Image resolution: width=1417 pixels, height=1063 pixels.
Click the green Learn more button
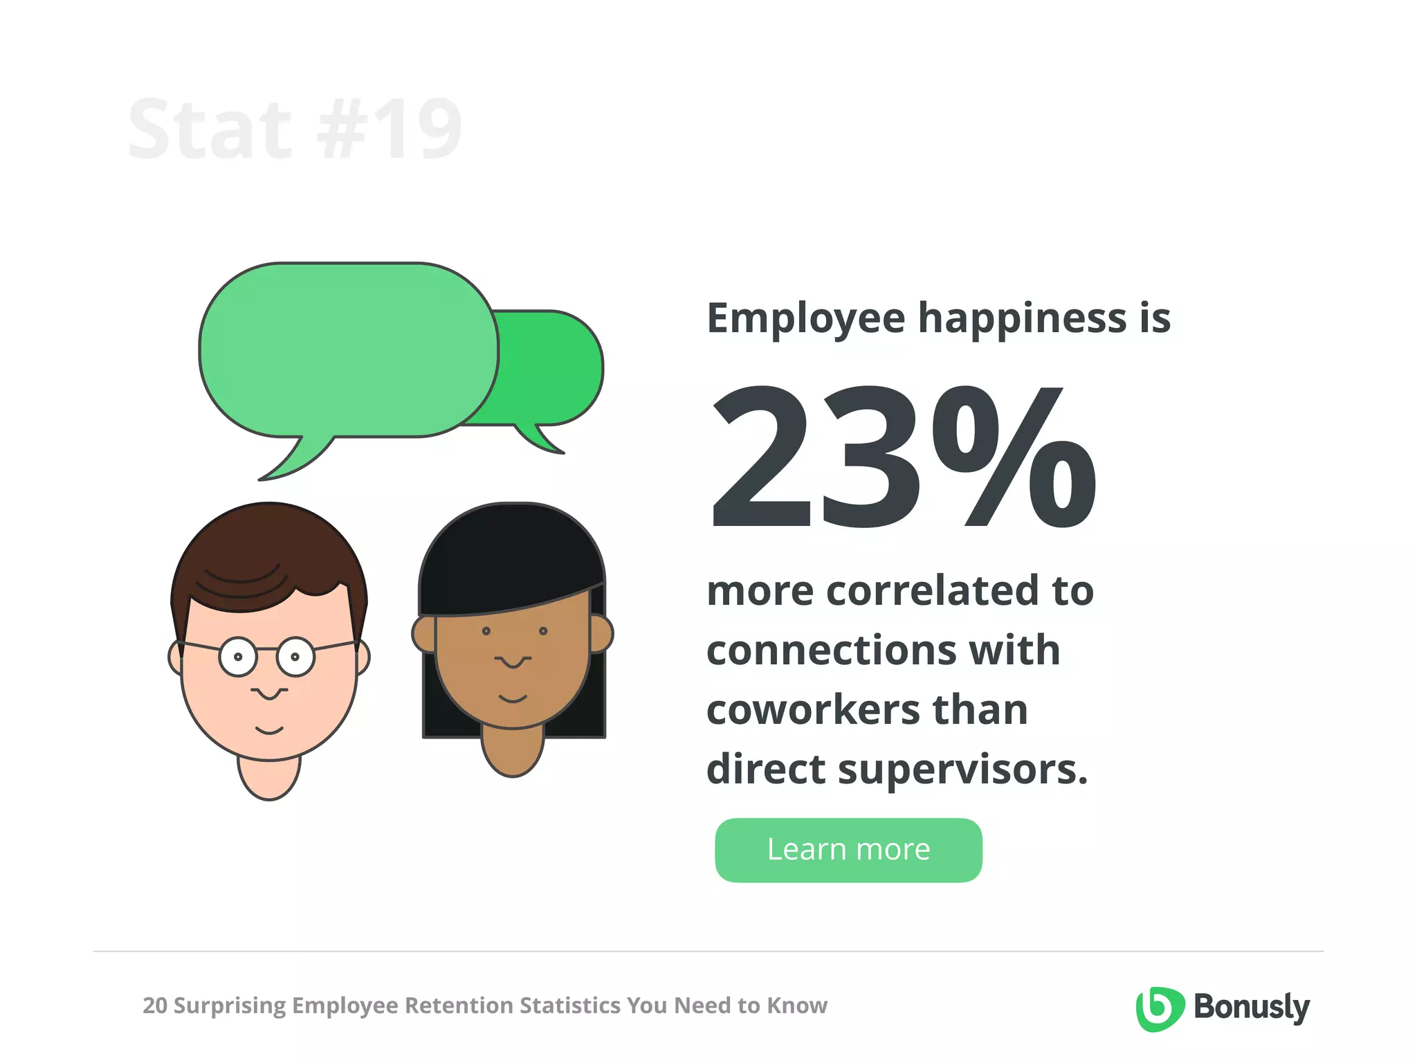click(x=848, y=850)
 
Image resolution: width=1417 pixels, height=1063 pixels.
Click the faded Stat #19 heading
click(x=295, y=129)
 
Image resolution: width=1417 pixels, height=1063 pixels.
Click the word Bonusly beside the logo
click(x=1252, y=1008)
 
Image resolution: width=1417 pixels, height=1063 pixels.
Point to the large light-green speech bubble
click(x=348, y=350)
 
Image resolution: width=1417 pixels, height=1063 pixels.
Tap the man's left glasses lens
click(x=238, y=657)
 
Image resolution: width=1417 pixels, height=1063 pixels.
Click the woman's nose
click(x=513, y=660)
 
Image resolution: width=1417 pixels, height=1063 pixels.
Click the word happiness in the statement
click(x=1022, y=318)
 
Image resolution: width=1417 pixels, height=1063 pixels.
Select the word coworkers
click(x=814, y=710)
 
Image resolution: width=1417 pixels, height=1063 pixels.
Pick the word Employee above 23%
click(x=805, y=318)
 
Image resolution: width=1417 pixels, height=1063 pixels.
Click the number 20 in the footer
click(x=154, y=1006)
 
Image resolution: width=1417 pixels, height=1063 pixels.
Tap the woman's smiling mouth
click(x=513, y=698)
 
